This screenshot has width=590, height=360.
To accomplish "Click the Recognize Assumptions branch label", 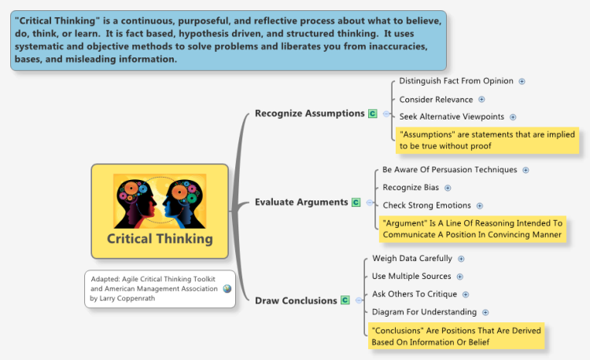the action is coord(310,113).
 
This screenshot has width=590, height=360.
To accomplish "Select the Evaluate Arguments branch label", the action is coord(301,202).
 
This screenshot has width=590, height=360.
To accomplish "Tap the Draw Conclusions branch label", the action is coord(296,300).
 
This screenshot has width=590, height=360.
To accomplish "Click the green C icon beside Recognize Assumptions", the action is coord(373,114).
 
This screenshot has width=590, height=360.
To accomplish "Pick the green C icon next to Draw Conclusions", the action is coord(345,300).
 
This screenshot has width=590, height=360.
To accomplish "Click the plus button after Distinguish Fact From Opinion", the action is coord(522,81).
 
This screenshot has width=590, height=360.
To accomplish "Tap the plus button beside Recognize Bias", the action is coord(448,188).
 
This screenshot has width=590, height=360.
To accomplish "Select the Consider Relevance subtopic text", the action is coord(436,100).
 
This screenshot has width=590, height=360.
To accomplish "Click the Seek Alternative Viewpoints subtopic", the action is coord(452,117).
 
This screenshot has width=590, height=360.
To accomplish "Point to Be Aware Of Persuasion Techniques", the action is coord(450,170).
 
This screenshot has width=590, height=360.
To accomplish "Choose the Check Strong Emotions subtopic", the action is coord(426,206).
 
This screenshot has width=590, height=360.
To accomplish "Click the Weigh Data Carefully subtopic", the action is coord(412,259).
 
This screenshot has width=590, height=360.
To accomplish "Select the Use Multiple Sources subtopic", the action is coord(411,276).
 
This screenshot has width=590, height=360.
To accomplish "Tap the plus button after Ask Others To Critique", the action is coord(466,295).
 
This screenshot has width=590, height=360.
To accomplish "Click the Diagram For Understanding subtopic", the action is coord(424,312).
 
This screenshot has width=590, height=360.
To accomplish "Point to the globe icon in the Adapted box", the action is coord(227,288).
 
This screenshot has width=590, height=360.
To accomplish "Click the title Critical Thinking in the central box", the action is coord(160,239).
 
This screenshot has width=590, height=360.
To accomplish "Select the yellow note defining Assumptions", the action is coord(487,140).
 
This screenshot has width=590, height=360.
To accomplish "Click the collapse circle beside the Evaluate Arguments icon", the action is coord(370,203).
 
